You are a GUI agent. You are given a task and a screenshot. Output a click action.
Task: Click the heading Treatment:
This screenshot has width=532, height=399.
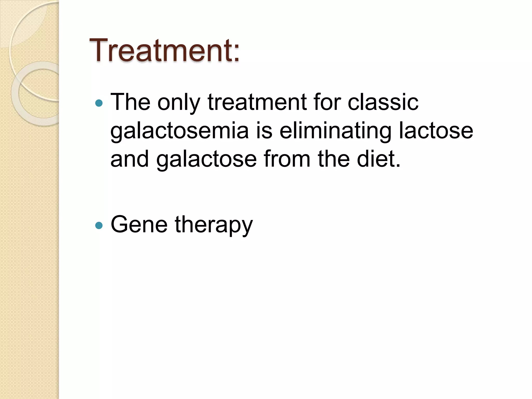[x=164, y=50]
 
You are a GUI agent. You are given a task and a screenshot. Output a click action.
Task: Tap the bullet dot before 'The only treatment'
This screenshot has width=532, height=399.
[x=99, y=103]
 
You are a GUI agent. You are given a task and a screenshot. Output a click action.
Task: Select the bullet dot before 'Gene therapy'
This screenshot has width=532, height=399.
[x=99, y=225]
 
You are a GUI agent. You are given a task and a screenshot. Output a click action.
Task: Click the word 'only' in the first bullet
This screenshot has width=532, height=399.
[x=179, y=103]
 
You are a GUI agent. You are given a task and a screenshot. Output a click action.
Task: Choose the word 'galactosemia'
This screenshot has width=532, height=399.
[x=179, y=131]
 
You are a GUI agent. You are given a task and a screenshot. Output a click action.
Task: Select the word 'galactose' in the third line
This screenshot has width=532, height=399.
[x=207, y=159]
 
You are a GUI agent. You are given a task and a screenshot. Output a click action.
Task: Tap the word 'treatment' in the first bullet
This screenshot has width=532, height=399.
[x=257, y=102]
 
